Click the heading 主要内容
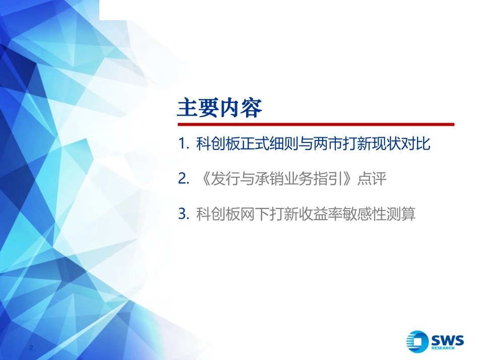(220, 108)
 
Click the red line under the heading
(316, 124)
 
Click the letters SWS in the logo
(446, 339)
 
